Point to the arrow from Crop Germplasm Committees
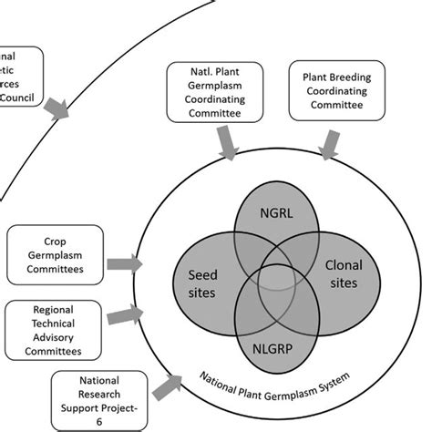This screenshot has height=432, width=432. click(123, 264)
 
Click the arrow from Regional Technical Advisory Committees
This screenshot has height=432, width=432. click(123, 317)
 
